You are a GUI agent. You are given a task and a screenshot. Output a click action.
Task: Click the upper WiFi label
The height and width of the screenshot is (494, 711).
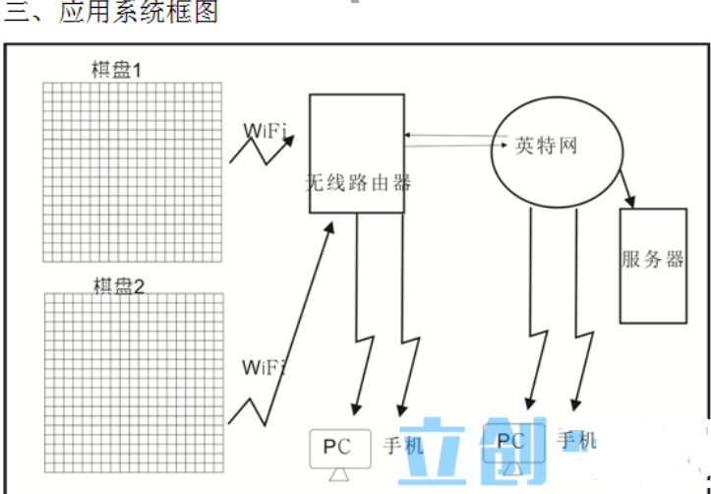(265, 130)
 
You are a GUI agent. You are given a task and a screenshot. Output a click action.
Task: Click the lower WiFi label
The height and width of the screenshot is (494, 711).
(263, 368)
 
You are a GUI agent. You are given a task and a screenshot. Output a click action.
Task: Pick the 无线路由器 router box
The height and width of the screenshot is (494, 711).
(356, 153)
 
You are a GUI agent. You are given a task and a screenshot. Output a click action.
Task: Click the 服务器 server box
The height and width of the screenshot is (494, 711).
(652, 264)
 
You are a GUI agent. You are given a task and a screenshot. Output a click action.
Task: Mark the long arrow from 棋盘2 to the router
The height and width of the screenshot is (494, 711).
(295, 325)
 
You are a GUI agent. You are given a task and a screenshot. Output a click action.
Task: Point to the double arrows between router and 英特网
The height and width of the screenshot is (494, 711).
(447, 141)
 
